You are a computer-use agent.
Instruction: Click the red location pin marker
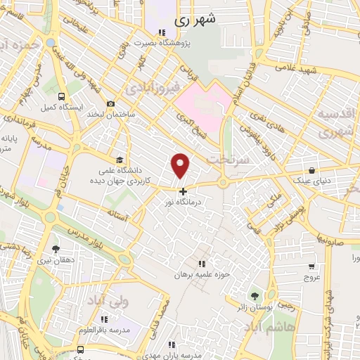(x=181, y=166)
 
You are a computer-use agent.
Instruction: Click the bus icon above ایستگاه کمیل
(x=62, y=96)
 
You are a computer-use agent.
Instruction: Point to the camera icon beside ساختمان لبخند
(x=110, y=104)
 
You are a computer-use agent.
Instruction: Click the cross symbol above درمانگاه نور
(x=184, y=191)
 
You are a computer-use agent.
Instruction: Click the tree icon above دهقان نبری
(x=56, y=248)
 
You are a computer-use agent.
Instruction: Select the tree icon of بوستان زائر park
(x=254, y=295)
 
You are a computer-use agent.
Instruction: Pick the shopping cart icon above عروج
(x=311, y=267)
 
